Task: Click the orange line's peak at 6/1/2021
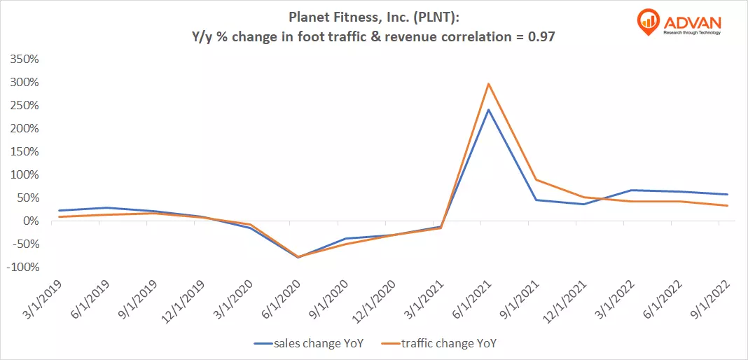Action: point(488,84)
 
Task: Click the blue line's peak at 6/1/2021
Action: point(488,109)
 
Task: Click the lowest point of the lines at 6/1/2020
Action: point(300,257)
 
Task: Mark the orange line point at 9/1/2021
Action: point(536,180)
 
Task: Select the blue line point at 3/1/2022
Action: point(632,190)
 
